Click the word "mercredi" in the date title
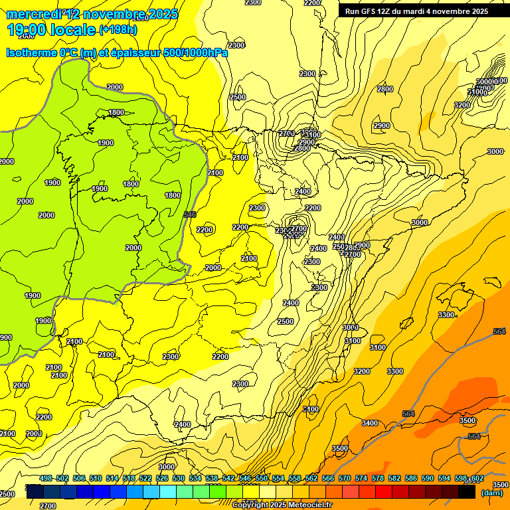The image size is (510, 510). coord(32,14)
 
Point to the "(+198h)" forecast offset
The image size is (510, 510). coord(118,30)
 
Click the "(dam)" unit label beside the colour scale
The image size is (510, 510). coord(491,493)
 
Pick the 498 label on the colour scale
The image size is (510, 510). coord(46,478)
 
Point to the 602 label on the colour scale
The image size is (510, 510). coord(477,479)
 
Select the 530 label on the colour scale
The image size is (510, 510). coord(179,478)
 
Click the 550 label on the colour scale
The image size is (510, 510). coord(262,478)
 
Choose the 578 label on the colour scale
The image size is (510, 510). coord(378,478)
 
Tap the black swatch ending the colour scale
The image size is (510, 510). coord(467,492)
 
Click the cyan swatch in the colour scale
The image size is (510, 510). coord(168,492)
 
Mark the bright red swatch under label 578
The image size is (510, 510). coord(384,492)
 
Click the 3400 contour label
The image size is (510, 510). coord(370,423)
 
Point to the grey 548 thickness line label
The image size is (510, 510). coord(190,214)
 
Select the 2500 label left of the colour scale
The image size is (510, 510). coord(7,494)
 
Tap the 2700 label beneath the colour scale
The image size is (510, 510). coord(48,505)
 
